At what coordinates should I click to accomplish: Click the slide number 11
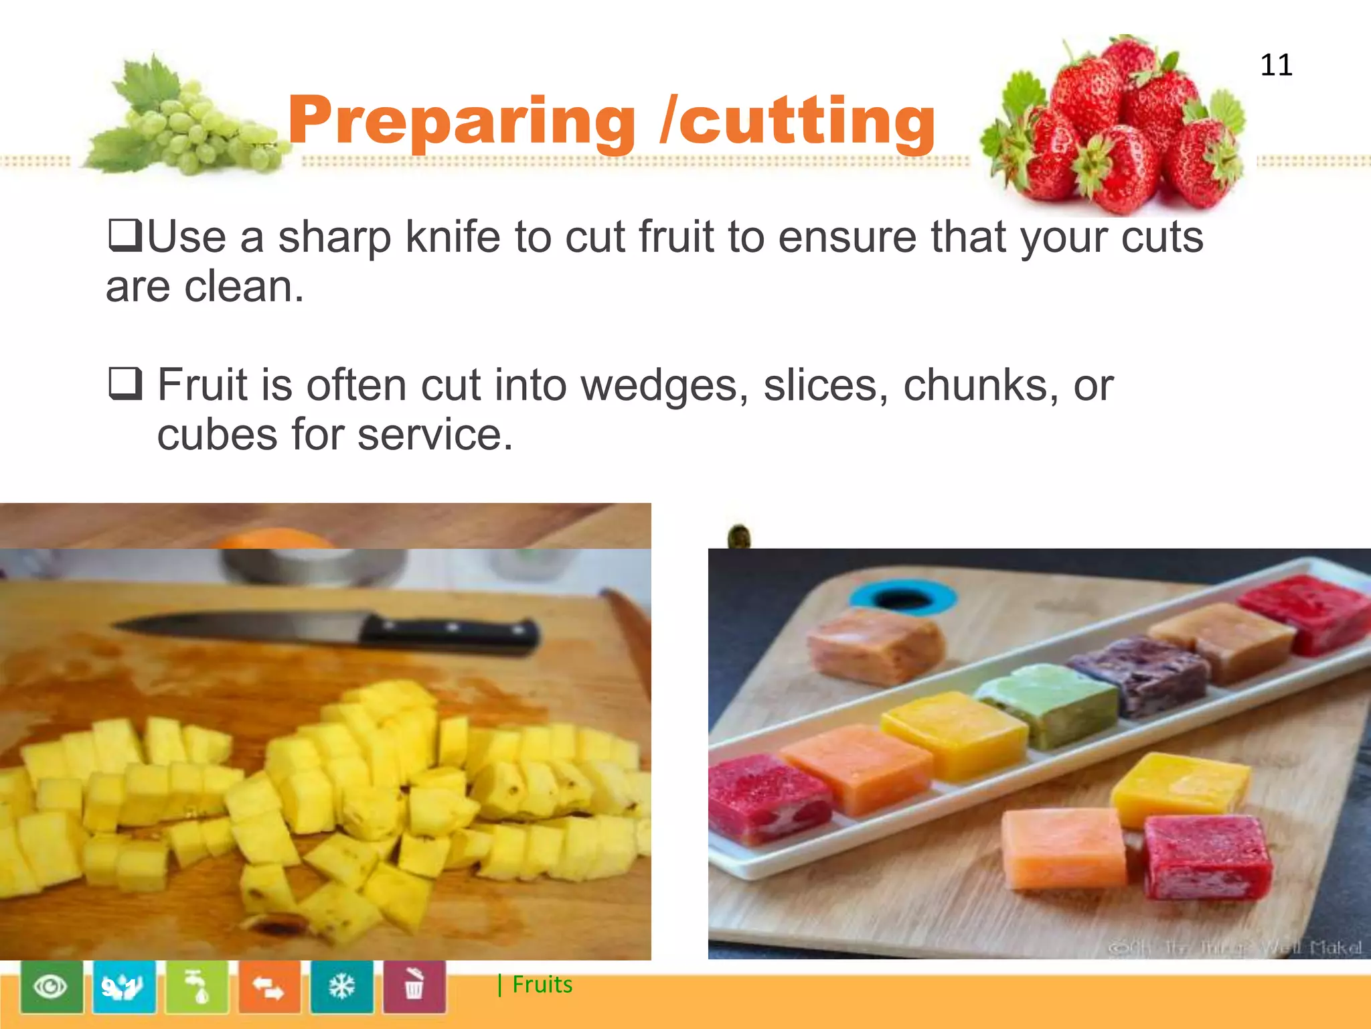(1276, 65)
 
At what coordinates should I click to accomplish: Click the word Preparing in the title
(461, 121)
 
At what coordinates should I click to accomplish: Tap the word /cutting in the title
(797, 121)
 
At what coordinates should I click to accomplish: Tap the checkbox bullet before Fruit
(125, 384)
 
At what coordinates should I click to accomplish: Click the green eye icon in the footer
(52, 987)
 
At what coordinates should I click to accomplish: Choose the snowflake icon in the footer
(341, 987)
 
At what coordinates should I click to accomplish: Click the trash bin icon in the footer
(414, 987)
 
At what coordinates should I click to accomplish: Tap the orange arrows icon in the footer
(268, 987)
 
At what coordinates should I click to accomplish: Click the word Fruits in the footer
(542, 985)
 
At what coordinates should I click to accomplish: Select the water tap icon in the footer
(197, 987)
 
